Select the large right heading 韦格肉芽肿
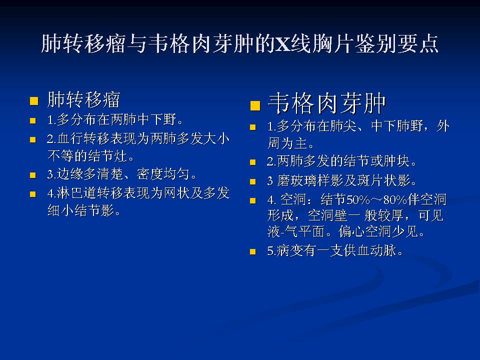tap(327, 104)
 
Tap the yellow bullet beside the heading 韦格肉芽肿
tap(255, 105)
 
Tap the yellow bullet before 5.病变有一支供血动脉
tap(253, 251)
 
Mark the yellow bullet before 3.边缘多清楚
tap(33, 175)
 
